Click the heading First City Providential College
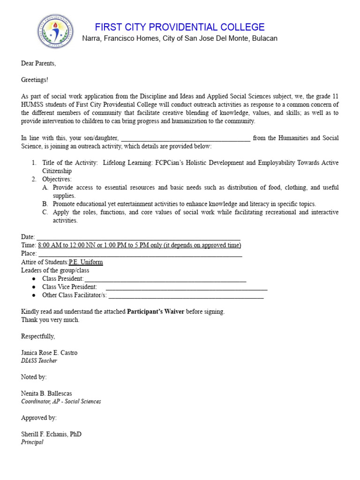tap(180, 27)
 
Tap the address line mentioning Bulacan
tap(180, 38)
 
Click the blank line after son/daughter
tap(186, 138)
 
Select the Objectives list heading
tap(57, 179)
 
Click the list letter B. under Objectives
tap(45, 204)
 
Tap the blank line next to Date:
tap(138, 237)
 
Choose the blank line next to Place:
tap(140, 254)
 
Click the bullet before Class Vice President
tap(34, 287)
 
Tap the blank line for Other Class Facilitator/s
tap(186, 295)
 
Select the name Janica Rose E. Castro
tap(49, 352)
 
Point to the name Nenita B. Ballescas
tap(46, 393)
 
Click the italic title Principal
tap(32, 442)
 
